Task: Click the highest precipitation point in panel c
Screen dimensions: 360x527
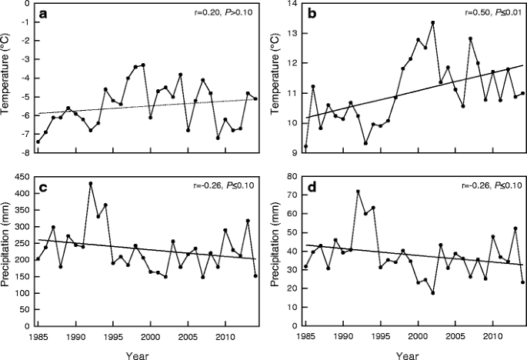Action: [91, 184]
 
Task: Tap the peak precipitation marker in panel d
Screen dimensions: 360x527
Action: [358, 191]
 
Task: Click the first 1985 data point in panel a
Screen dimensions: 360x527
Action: [38, 142]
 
